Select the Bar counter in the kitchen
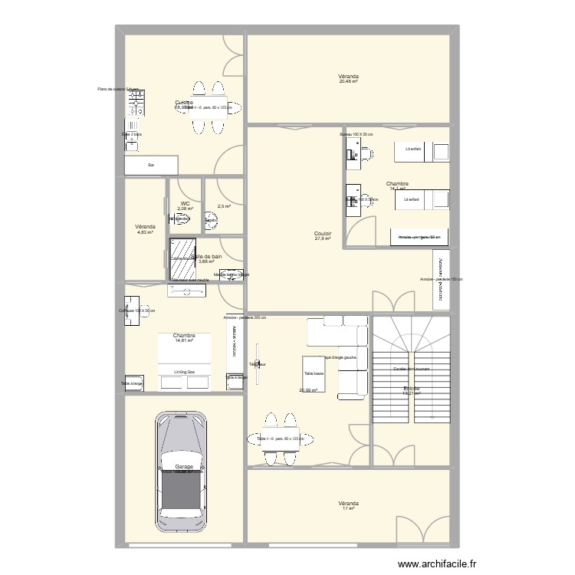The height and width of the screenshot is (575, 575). pyautogui.click(x=151, y=165)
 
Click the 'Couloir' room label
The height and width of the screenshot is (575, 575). pyautogui.click(x=322, y=233)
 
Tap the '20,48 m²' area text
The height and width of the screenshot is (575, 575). pyautogui.click(x=349, y=83)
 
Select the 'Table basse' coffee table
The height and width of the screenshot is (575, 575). pyautogui.click(x=314, y=373)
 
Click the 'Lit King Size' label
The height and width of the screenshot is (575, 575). pyautogui.click(x=183, y=371)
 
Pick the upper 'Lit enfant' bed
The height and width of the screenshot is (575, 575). pyautogui.click(x=422, y=150)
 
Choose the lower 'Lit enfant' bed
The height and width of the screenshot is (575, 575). pyautogui.click(x=422, y=199)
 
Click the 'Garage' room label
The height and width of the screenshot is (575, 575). pyautogui.click(x=183, y=466)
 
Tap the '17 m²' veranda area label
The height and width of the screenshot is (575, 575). pyautogui.click(x=349, y=509)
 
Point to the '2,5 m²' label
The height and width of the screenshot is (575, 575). pyautogui.click(x=224, y=205)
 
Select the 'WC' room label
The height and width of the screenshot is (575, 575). pyautogui.click(x=185, y=203)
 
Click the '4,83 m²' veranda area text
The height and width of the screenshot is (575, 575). pyautogui.click(x=145, y=232)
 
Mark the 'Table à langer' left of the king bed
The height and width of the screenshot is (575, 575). pyautogui.click(x=132, y=383)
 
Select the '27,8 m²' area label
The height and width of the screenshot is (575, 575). pyautogui.click(x=322, y=239)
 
